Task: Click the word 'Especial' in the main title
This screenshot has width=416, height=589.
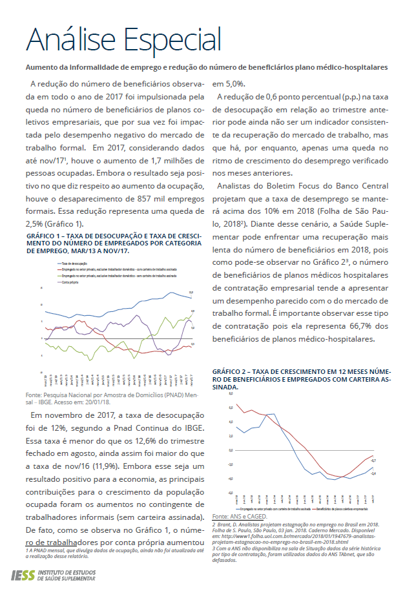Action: [x=171, y=40]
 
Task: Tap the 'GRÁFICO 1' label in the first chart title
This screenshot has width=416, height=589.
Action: [x=43, y=237]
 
